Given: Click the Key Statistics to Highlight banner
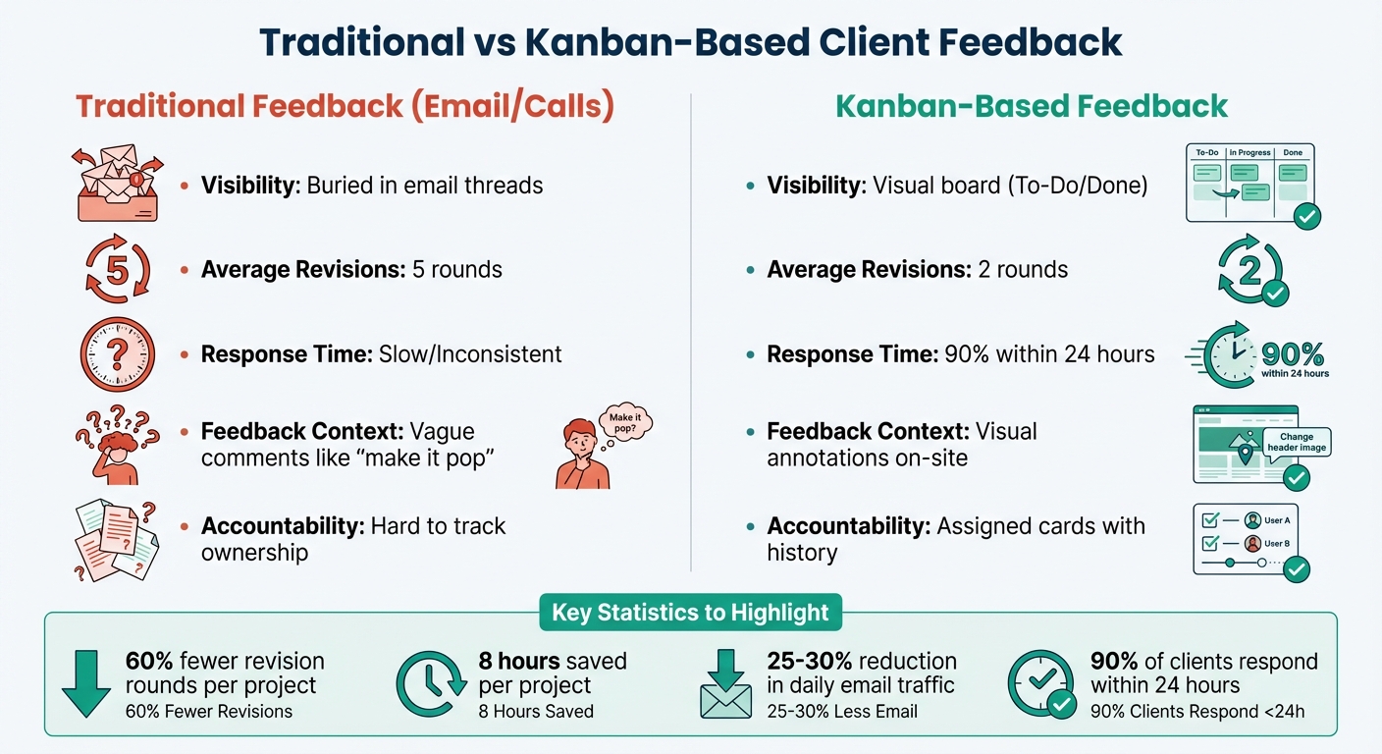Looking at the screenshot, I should click(690, 613).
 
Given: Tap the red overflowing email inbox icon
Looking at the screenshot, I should click(117, 185).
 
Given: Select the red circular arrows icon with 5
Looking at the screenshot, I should click(117, 269).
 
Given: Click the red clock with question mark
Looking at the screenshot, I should click(117, 354).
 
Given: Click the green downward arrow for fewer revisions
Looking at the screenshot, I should click(86, 683).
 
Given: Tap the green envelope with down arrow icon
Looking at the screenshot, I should click(725, 685).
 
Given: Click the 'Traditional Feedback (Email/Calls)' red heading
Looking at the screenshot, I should click(345, 106).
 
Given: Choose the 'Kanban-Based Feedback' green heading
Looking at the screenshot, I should click(1032, 106).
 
